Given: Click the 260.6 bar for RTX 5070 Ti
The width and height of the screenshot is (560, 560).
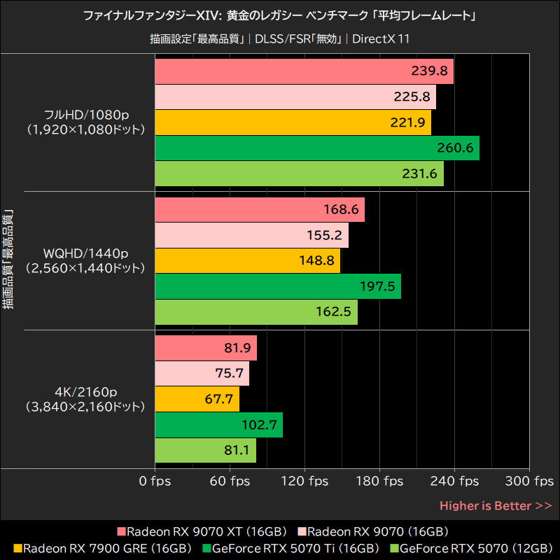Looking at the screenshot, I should (316, 148).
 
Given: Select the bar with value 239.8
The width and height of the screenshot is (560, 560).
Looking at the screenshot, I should (303, 71).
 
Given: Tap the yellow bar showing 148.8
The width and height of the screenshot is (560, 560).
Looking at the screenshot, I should (246, 261).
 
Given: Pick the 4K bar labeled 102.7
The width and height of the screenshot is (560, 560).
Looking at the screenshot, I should (218, 425).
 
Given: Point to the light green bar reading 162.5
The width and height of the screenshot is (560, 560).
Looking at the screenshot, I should (255, 312).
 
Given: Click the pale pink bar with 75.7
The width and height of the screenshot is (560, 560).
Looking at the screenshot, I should (201, 374).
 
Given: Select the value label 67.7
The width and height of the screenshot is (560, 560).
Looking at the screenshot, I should (218, 400).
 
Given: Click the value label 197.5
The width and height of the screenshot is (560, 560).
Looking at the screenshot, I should (377, 287).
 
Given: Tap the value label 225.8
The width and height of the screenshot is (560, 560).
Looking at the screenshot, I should (412, 97).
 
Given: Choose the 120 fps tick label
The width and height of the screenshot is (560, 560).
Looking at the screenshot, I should (304, 481).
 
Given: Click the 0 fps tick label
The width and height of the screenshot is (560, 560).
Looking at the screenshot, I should (155, 481).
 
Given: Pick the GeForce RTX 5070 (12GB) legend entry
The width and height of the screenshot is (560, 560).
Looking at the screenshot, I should (470, 548).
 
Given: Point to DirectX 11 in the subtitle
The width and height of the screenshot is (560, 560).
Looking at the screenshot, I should (381, 38).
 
